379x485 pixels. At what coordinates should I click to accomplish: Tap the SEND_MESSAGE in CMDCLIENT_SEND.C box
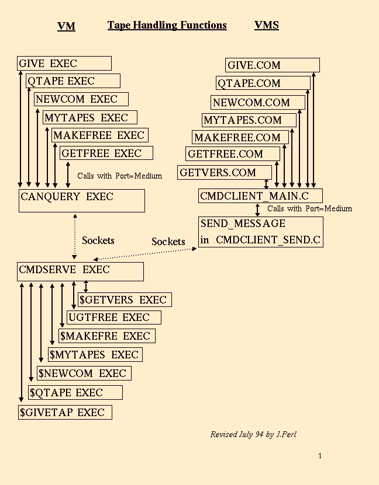260,232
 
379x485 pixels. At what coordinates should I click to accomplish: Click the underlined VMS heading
267,25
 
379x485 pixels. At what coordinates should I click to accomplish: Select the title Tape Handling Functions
167,25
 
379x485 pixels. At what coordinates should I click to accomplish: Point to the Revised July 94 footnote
253,434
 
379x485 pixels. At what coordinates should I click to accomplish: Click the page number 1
320,456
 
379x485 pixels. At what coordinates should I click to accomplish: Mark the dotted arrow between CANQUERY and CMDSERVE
74,236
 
